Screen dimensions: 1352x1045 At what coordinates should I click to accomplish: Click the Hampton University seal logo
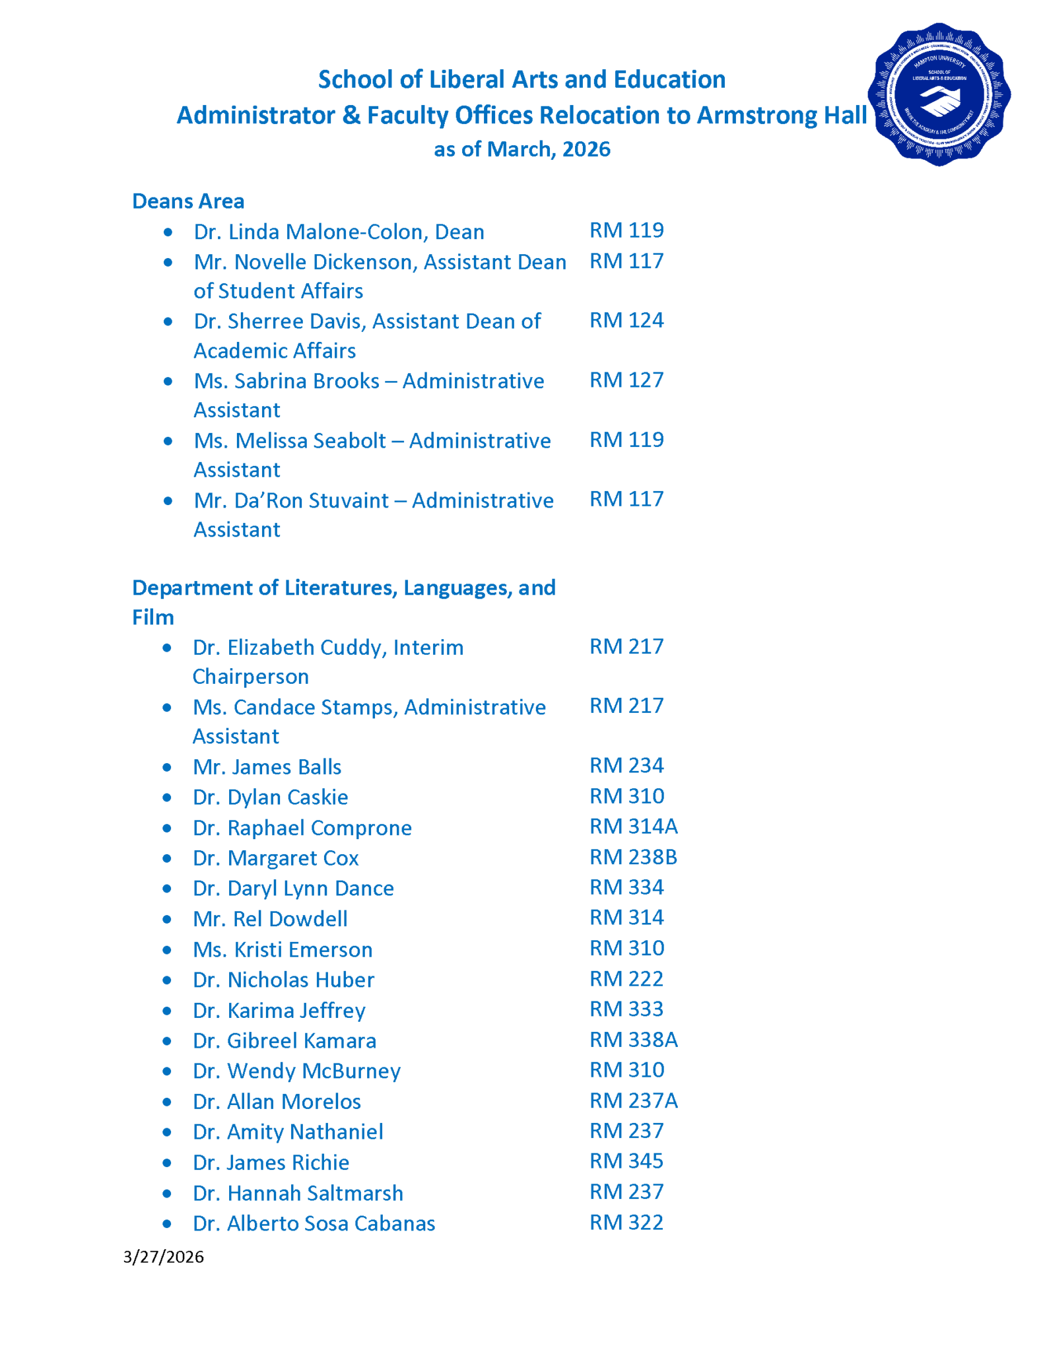[939, 94]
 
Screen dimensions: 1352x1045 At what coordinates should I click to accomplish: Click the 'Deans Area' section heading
[188, 201]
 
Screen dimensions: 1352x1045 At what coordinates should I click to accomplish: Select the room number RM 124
[626, 320]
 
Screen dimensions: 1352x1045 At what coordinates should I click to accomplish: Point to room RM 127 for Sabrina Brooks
[626, 380]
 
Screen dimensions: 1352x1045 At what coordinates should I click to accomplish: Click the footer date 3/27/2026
[163, 1256]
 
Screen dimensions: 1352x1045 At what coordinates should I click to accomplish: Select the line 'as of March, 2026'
[522, 149]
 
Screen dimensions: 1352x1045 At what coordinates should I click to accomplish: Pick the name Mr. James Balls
[267, 766]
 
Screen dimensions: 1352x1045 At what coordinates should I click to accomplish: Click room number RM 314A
[633, 826]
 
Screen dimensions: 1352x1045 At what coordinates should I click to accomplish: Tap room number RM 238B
[633, 856]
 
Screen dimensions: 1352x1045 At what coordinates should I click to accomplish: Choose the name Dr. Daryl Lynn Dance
[293, 888]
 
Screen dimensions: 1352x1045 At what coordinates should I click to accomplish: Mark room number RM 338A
[633, 1039]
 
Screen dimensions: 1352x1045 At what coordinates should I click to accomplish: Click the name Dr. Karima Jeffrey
[279, 1010]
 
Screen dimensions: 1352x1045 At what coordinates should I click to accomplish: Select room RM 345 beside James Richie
[626, 1161]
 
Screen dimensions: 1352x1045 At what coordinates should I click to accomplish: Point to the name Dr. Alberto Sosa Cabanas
[314, 1223]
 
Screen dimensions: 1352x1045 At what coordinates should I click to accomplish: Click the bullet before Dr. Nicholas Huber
[167, 980]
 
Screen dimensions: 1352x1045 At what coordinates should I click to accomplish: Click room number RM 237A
[633, 1100]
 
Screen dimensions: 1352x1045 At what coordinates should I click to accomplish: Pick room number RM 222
[626, 978]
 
